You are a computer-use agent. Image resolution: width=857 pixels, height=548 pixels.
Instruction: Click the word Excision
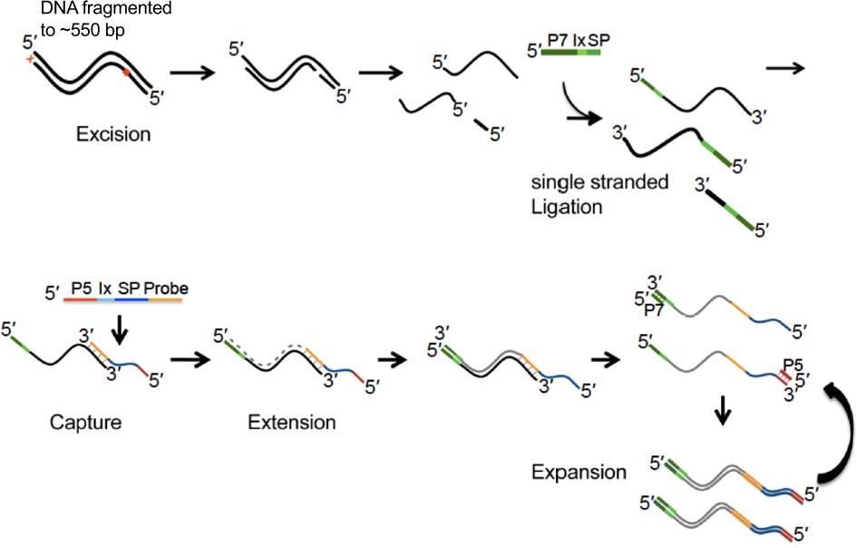point(113,136)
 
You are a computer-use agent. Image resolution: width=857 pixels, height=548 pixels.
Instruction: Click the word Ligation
point(567,206)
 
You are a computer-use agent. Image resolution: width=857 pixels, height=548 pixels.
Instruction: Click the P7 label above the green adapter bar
point(560,42)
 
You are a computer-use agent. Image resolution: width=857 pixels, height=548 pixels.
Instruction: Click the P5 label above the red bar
point(82,289)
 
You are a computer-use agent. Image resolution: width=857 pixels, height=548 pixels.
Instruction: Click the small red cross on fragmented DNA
point(32,59)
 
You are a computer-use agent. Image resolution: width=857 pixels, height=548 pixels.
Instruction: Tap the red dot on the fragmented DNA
point(126,72)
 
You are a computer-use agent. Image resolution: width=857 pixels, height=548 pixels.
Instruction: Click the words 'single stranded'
point(599,183)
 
